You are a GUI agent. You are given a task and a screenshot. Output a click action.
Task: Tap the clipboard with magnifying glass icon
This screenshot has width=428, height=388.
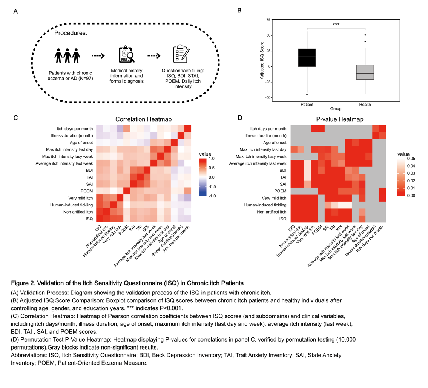pyautogui.click(x=126, y=55)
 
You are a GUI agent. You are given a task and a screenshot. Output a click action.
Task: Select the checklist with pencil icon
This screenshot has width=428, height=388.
pyautogui.click(x=181, y=55)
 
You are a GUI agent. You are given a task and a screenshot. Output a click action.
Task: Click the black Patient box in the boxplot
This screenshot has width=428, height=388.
pyautogui.click(x=307, y=57)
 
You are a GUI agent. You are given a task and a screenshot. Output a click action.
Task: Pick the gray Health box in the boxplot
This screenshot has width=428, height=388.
pyautogui.click(x=365, y=72)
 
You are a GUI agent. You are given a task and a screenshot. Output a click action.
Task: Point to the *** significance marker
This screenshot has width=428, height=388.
pyautogui.click(x=336, y=25)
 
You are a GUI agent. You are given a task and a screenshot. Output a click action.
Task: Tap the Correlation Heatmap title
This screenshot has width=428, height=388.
pyautogui.click(x=144, y=119)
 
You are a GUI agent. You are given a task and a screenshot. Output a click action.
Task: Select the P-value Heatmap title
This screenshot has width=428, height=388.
pyautogui.click(x=340, y=119)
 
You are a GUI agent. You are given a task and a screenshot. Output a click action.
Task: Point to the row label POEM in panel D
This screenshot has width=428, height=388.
pyautogui.click(x=280, y=191)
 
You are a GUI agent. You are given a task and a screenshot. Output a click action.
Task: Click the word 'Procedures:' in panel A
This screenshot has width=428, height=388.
pyautogui.click(x=71, y=33)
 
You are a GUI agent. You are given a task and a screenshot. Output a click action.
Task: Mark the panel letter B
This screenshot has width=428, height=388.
pyautogui.click(x=239, y=10)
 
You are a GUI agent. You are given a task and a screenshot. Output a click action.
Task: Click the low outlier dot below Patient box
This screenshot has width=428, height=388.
pyautogui.click(x=307, y=94)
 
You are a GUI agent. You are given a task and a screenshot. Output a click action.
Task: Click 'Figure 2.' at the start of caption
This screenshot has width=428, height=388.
pyautogui.click(x=23, y=283)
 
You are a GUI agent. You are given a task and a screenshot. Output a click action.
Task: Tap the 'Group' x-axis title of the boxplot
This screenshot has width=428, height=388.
pyautogui.click(x=336, y=109)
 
